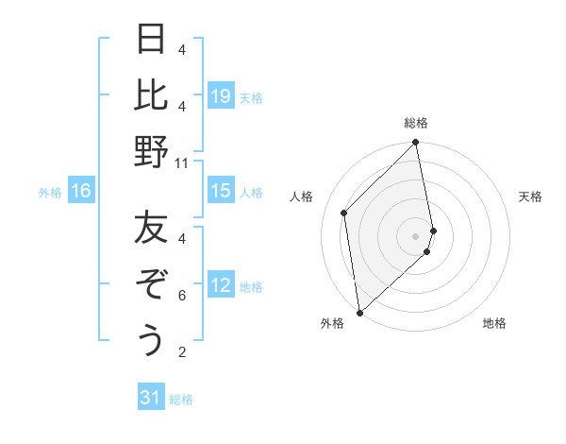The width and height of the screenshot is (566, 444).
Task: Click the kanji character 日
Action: [x=151, y=41]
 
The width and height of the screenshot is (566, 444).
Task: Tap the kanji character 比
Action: [x=151, y=96]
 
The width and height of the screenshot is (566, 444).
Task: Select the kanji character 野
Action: [x=151, y=153]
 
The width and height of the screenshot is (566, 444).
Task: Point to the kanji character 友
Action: [x=151, y=230]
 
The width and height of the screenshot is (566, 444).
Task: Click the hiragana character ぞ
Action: [x=151, y=285]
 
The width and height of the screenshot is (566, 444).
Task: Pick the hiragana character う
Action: [x=151, y=341]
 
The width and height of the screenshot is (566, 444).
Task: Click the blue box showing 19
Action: [x=221, y=96]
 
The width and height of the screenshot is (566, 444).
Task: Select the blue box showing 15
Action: [x=221, y=191]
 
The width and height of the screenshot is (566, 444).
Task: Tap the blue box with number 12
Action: [x=221, y=285]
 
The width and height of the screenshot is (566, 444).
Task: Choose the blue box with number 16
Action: [x=81, y=192]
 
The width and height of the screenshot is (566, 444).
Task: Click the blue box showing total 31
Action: [x=151, y=398]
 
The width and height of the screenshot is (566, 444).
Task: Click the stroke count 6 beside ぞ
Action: [x=181, y=296]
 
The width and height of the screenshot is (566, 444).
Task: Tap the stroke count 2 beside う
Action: [x=181, y=352]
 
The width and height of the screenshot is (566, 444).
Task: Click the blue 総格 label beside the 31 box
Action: [x=182, y=400]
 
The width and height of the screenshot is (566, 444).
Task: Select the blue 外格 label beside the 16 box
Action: [x=50, y=193]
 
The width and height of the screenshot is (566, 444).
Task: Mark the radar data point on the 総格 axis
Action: [x=416, y=144]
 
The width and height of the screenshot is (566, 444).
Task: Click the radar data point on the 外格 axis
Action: [x=359, y=313]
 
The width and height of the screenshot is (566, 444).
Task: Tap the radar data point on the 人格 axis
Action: [x=344, y=213]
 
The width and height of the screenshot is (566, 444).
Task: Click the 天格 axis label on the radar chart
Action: [x=530, y=196]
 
